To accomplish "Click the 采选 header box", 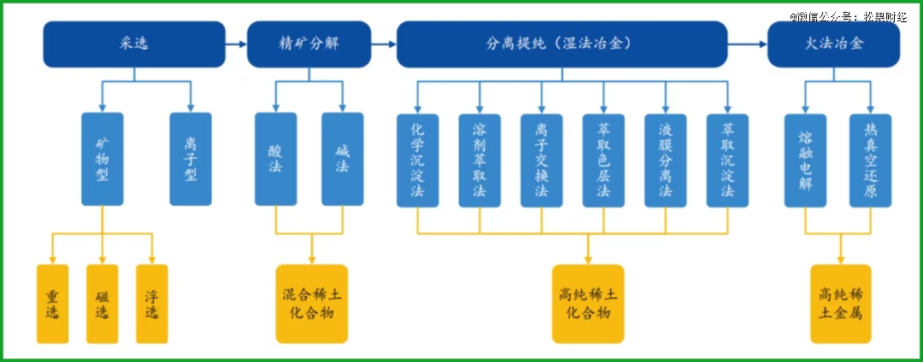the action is pos(134,44).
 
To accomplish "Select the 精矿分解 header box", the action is pos(309,44).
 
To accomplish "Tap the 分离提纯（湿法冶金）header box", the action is pos(562,44).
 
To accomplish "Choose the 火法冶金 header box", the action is pos(833,44).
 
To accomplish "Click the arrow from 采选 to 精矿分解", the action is pos(236,44).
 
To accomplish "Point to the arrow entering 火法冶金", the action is pos(748,44).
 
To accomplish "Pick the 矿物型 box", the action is pos(103,160).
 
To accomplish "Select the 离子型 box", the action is pos(190,160).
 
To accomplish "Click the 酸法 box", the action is pos(275,160).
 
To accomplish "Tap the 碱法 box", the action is pos(343,160).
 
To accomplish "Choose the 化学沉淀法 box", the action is pos(417,161).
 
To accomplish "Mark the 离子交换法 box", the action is pos(542,161).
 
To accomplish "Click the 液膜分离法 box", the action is pos(666,161).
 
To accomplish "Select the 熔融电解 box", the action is pos(805,161).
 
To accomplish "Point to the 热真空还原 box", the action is pos(870,161).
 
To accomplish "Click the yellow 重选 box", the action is pos(52,304).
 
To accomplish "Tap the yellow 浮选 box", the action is pos(152,304).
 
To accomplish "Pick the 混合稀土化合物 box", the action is pos(312,304).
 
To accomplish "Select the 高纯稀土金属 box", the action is pos(841,304).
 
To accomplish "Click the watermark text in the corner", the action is pos(849,17).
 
